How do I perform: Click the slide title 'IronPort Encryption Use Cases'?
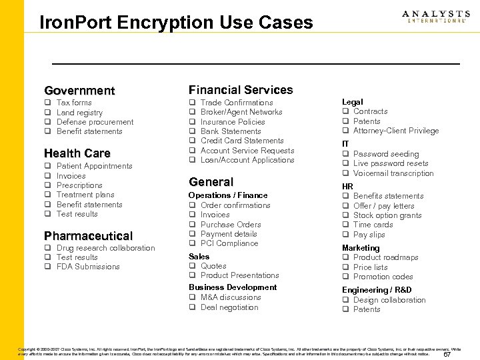pos(176,23)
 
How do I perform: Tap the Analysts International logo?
pos(436,17)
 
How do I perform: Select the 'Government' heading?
pos(79,91)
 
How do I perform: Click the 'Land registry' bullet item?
pos(79,113)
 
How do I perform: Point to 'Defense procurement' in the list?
pos(95,122)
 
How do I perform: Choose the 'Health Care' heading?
pos(77,153)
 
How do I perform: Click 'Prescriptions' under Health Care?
pos(79,185)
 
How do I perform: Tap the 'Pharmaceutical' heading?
pos(88,236)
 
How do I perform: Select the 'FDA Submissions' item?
pos(88,267)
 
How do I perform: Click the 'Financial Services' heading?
pos(241,90)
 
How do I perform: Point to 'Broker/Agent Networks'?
pos(241,112)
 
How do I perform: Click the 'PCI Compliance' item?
pos(229,243)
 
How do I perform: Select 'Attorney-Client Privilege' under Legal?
pos(396,131)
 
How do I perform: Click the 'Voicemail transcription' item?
pos(393,173)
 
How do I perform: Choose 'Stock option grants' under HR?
pos(387,215)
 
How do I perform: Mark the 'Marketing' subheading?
pos(361,248)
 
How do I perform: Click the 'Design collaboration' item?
pos(389,300)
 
